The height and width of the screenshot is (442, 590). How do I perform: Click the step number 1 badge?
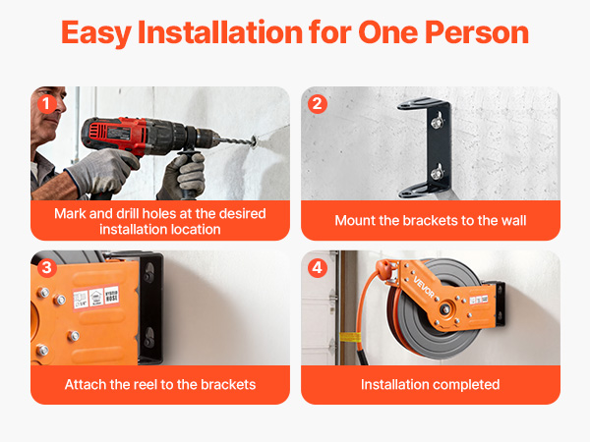[46, 104]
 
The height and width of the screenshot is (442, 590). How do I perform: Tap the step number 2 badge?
[318, 104]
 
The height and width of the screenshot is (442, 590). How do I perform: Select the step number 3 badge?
[46, 268]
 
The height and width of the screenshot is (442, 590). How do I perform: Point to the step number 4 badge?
[318, 268]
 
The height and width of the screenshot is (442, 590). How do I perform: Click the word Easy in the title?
[96, 33]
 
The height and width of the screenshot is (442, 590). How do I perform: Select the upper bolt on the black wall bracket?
[437, 121]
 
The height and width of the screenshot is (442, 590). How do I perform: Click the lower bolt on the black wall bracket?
[437, 173]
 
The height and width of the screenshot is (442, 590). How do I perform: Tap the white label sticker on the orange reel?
[96, 298]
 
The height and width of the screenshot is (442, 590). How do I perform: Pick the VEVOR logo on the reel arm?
[424, 287]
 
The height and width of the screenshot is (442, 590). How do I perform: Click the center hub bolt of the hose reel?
[445, 309]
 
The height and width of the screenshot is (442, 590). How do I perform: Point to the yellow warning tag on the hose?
[351, 337]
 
